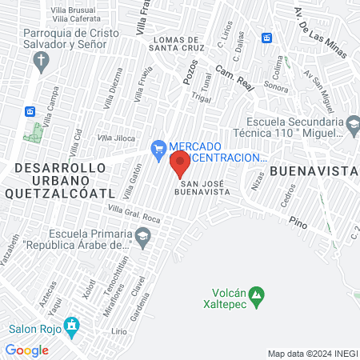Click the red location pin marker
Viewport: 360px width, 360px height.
179,164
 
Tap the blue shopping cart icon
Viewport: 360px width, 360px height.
158,147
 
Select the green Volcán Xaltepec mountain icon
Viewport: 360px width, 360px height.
256,298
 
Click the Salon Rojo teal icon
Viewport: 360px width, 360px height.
73,327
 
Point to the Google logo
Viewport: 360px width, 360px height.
26,350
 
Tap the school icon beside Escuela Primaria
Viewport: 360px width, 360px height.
142,236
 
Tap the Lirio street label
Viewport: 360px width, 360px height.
120,330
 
